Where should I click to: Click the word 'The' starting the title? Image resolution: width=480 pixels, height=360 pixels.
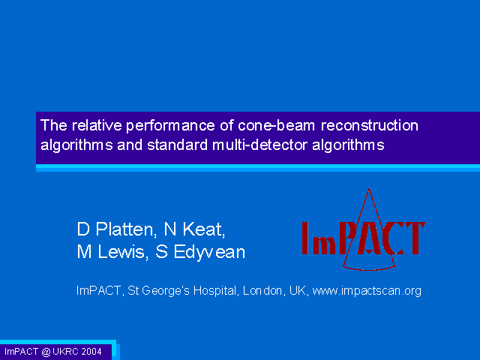click(x=54, y=125)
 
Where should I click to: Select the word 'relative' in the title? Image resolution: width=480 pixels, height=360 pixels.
click(x=97, y=125)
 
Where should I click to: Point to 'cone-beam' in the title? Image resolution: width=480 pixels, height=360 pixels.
click(x=277, y=125)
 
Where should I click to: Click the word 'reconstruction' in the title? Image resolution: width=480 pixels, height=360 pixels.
click(x=370, y=125)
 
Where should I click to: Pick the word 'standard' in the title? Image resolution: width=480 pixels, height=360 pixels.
click(x=178, y=145)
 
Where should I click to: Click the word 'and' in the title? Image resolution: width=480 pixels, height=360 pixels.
click(x=130, y=145)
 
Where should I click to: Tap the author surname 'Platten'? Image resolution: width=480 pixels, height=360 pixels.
click(x=126, y=229)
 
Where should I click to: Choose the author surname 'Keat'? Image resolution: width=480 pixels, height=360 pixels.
click(x=204, y=229)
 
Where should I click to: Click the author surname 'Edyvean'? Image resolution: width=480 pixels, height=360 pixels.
click(x=209, y=253)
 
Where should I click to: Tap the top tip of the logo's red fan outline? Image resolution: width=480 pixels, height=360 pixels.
click(x=369, y=188)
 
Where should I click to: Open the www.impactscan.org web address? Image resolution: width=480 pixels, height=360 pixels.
click(x=367, y=291)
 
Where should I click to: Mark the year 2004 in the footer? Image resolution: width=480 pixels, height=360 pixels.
click(x=91, y=352)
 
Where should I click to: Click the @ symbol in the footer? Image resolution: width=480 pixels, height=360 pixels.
click(x=46, y=352)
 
